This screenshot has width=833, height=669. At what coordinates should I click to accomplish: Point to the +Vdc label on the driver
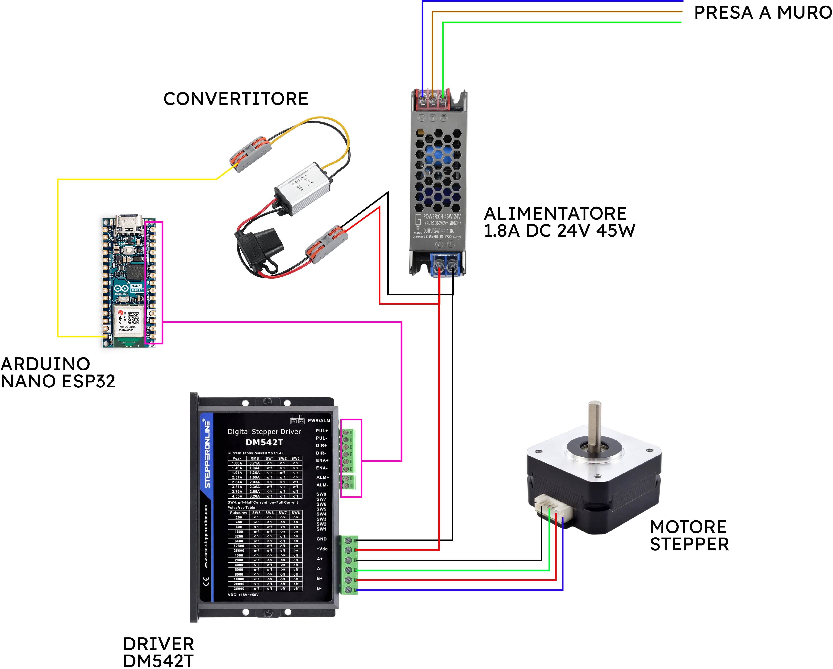tap(322, 549)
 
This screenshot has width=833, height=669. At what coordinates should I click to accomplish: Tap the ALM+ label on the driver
tap(323, 477)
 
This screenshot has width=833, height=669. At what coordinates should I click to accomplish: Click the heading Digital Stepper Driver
tap(264, 432)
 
